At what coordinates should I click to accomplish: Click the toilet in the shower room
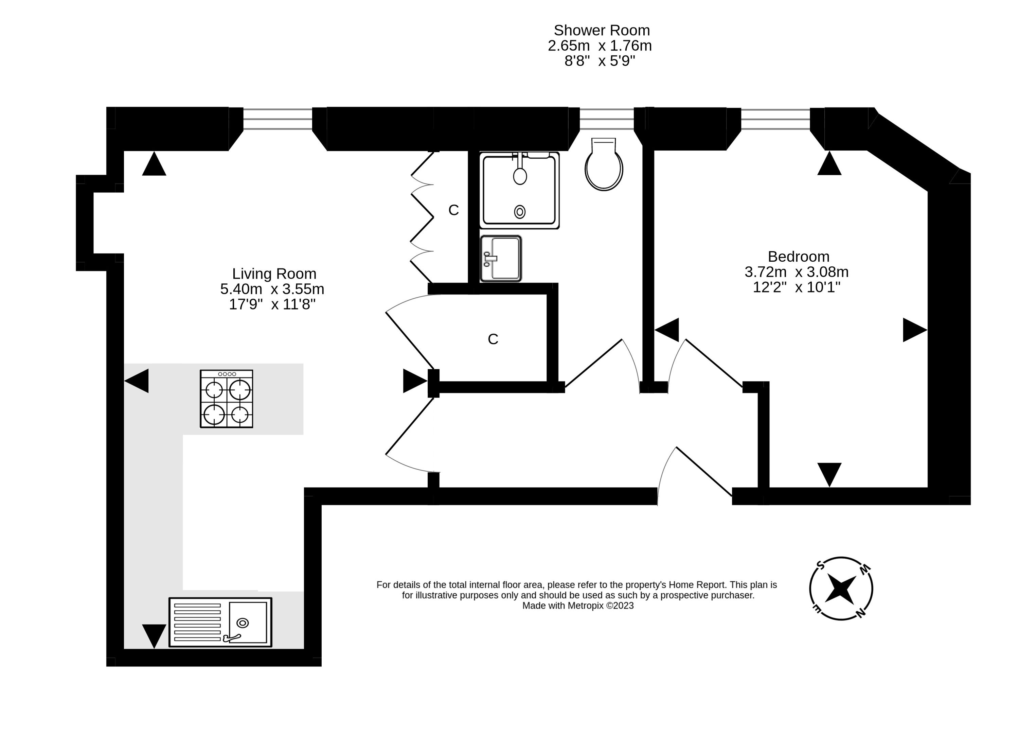point(604,166)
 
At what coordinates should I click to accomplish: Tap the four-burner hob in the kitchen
point(227,399)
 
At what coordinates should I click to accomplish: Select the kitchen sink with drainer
point(220,622)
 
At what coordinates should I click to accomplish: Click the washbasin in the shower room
point(501,258)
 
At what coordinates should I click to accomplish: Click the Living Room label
point(274,274)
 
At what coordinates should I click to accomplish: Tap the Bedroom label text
point(798,257)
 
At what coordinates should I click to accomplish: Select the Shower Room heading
point(602,30)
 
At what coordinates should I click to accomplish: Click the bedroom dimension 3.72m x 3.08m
point(797,272)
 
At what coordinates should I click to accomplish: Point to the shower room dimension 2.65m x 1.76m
point(600,46)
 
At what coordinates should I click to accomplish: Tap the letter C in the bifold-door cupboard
point(453,210)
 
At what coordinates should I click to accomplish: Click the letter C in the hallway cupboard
point(493,339)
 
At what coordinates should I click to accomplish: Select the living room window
point(278,119)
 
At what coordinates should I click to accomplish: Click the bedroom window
point(775,119)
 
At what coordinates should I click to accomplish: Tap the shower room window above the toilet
point(607,119)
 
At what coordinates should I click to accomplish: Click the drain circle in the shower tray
point(520,212)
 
